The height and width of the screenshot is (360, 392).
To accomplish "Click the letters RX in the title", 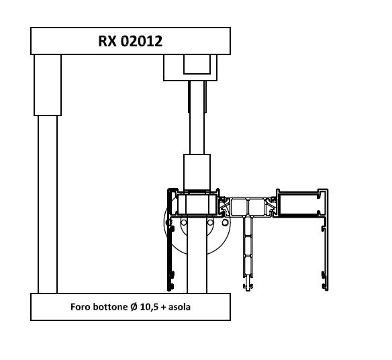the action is pyautogui.click(x=107, y=41).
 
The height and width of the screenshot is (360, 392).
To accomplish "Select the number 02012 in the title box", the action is pyautogui.click(x=142, y=41).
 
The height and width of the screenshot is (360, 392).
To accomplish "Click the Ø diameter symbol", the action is pyautogui.click(x=134, y=307).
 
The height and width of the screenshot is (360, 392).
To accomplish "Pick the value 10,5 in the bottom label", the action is pyautogui.click(x=149, y=307).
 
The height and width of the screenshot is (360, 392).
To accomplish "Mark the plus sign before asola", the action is pyautogui.click(x=164, y=307).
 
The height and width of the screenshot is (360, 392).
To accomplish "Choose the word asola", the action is pyautogui.click(x=179, y=307).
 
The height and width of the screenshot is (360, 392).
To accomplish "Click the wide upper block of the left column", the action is pyautogui.click(x=48, y=85).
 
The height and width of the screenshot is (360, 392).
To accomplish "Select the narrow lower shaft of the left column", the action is pyautogui.click(x=48, y=204).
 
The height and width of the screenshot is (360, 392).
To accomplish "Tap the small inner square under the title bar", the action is pyautogui.click(x=197, y=64).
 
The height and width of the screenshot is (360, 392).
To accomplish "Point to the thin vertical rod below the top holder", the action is pyautogui.click(x=197, y=117).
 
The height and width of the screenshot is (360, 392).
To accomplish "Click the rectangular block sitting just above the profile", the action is pyautogui.click(x=197, y=173).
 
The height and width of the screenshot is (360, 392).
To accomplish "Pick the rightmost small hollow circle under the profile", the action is pyautogui.click(x=226, y=222).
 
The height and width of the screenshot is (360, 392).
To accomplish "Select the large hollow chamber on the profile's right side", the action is pyautogui.click(x=299, y=204).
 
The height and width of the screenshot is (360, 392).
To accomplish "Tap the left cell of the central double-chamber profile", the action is pyautogui.click(x=240, y=207).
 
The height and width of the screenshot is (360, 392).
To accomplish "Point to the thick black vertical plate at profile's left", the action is pyautogui.click(x=168, y=240).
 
